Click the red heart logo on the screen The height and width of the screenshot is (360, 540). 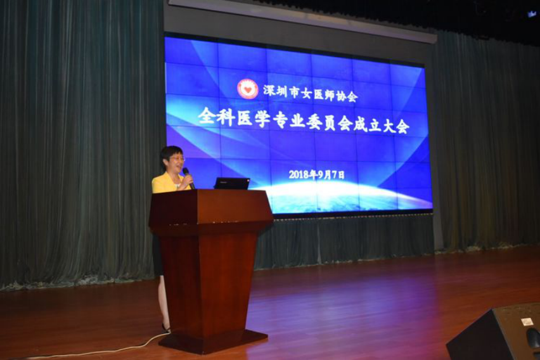pos(248,89)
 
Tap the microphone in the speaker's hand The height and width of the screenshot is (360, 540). pos(188,177)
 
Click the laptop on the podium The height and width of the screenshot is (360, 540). pos(232,183)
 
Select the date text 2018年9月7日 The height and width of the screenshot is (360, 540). pos(316,175)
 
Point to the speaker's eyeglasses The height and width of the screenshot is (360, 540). pos(177,159)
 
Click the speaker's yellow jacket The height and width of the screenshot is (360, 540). pos(169,183)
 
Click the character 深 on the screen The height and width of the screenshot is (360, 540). pos(271,90)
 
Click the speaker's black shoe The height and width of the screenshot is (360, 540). pos(166,328)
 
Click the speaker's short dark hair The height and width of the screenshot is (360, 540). pos(171,153)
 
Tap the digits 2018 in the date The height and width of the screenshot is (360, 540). pos(299,175)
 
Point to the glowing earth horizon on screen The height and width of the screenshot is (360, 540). pos(344,196)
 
